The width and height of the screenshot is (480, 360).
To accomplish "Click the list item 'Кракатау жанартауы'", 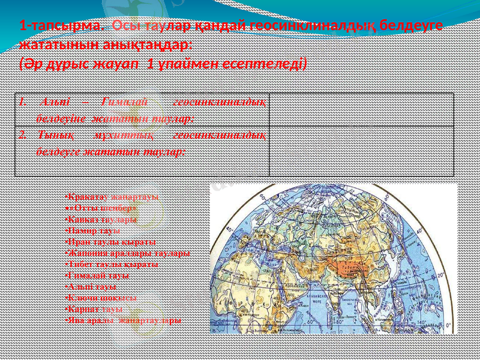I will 112,196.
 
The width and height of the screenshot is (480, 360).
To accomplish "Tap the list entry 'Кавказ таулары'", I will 101,218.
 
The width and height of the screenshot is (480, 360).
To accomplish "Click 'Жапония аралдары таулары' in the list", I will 127,253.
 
